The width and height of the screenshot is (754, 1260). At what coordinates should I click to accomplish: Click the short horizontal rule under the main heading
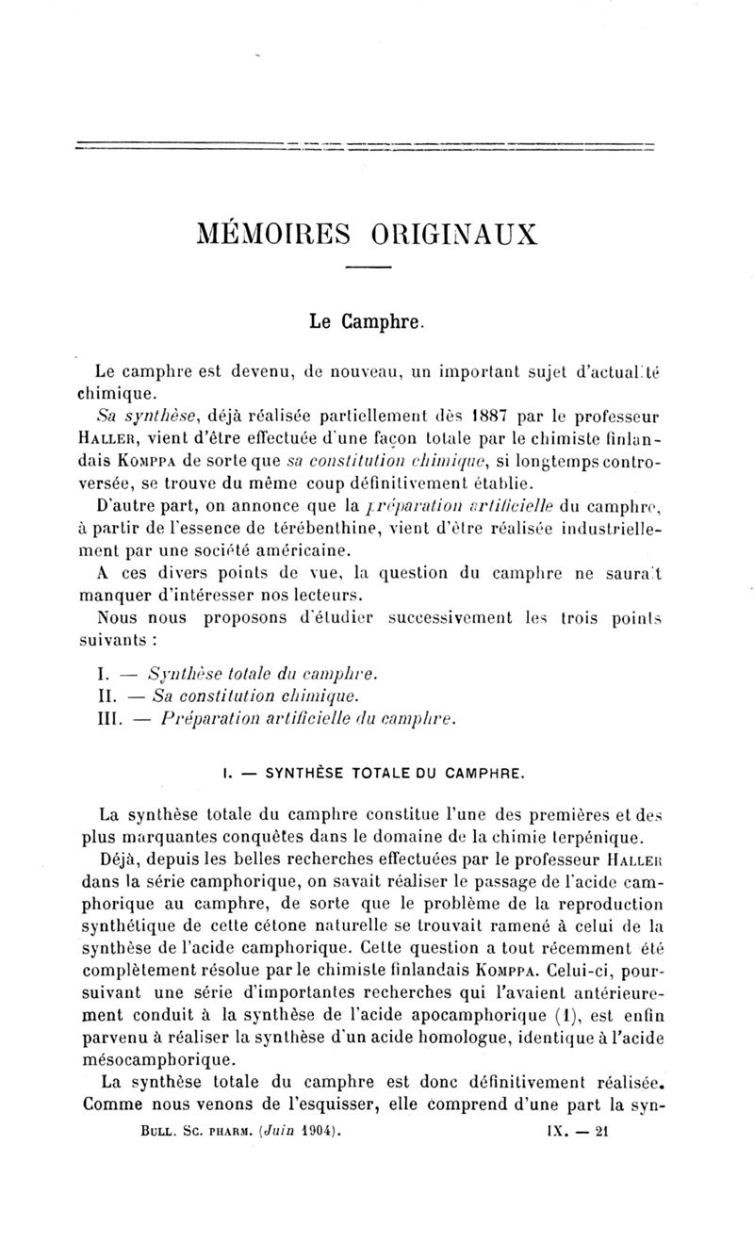(368, 271)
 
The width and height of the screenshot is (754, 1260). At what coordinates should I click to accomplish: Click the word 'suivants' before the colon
(108, 638)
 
